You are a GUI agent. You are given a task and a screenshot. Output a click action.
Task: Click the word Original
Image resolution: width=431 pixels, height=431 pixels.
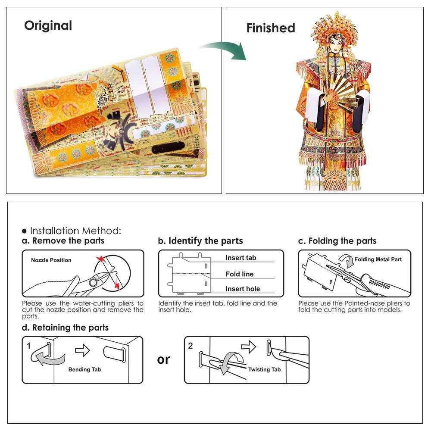[48, 25]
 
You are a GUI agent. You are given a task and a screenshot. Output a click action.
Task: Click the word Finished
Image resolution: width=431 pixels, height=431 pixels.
[271, 28]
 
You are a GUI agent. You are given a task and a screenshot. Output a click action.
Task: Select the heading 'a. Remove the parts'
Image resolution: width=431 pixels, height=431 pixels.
[63, 240]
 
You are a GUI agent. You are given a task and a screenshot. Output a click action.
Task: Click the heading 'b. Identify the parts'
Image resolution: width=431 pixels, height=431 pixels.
[200, 240]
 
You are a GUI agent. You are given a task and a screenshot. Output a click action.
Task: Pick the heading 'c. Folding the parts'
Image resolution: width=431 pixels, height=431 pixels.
[337, 240]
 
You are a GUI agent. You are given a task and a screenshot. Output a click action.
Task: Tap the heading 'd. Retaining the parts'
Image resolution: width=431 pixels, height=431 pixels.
[66, 328]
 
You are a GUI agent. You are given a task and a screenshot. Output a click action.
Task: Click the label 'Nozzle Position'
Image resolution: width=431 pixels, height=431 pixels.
[51, 260]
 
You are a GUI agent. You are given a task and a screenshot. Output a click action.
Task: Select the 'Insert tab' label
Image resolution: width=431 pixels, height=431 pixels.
[240, 258]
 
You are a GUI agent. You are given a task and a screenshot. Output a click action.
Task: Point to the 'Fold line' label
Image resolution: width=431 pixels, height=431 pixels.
[239, 274]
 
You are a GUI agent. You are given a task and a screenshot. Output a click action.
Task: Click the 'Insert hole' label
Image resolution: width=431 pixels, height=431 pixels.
[243, 289]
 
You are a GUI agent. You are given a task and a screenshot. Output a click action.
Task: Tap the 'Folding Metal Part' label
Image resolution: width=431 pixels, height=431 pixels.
[378, 259]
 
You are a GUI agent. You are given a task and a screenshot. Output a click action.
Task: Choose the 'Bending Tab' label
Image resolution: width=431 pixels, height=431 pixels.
[84, 369]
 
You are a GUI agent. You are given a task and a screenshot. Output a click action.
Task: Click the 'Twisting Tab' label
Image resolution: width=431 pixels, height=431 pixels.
[264, 369]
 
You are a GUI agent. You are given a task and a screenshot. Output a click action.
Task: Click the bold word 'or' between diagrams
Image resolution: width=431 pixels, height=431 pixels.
[163, 359]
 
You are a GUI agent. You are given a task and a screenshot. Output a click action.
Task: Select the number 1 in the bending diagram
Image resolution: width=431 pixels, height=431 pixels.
[28, 346]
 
